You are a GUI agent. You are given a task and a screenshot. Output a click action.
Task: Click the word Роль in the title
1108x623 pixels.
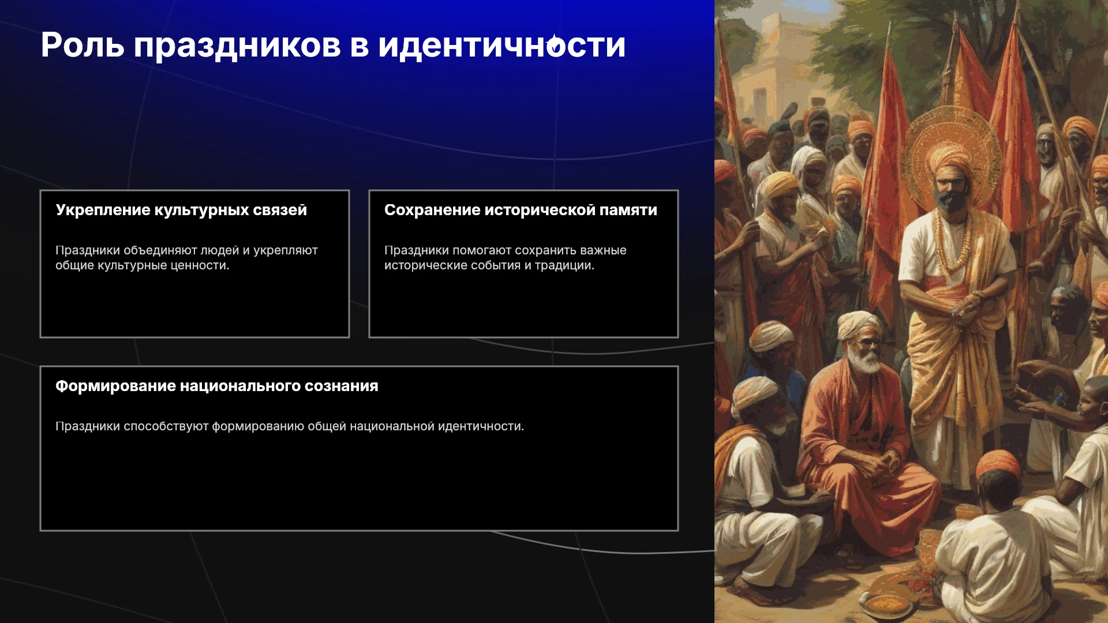(x=83, y=45)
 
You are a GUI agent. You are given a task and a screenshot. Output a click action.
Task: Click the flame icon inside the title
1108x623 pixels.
(x=555, y=44)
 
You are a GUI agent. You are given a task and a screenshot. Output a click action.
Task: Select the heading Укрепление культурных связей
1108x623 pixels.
(x=181, y=211)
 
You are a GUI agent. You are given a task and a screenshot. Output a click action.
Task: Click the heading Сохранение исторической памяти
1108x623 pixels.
(x=521, y=210)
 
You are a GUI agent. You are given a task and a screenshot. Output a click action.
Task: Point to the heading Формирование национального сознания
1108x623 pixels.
(x=217, y=386)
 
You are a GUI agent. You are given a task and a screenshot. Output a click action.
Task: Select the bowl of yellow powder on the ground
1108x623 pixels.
(x=888, y=605)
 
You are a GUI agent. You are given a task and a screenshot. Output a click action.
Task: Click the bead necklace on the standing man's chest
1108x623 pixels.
(x=952, y=242)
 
